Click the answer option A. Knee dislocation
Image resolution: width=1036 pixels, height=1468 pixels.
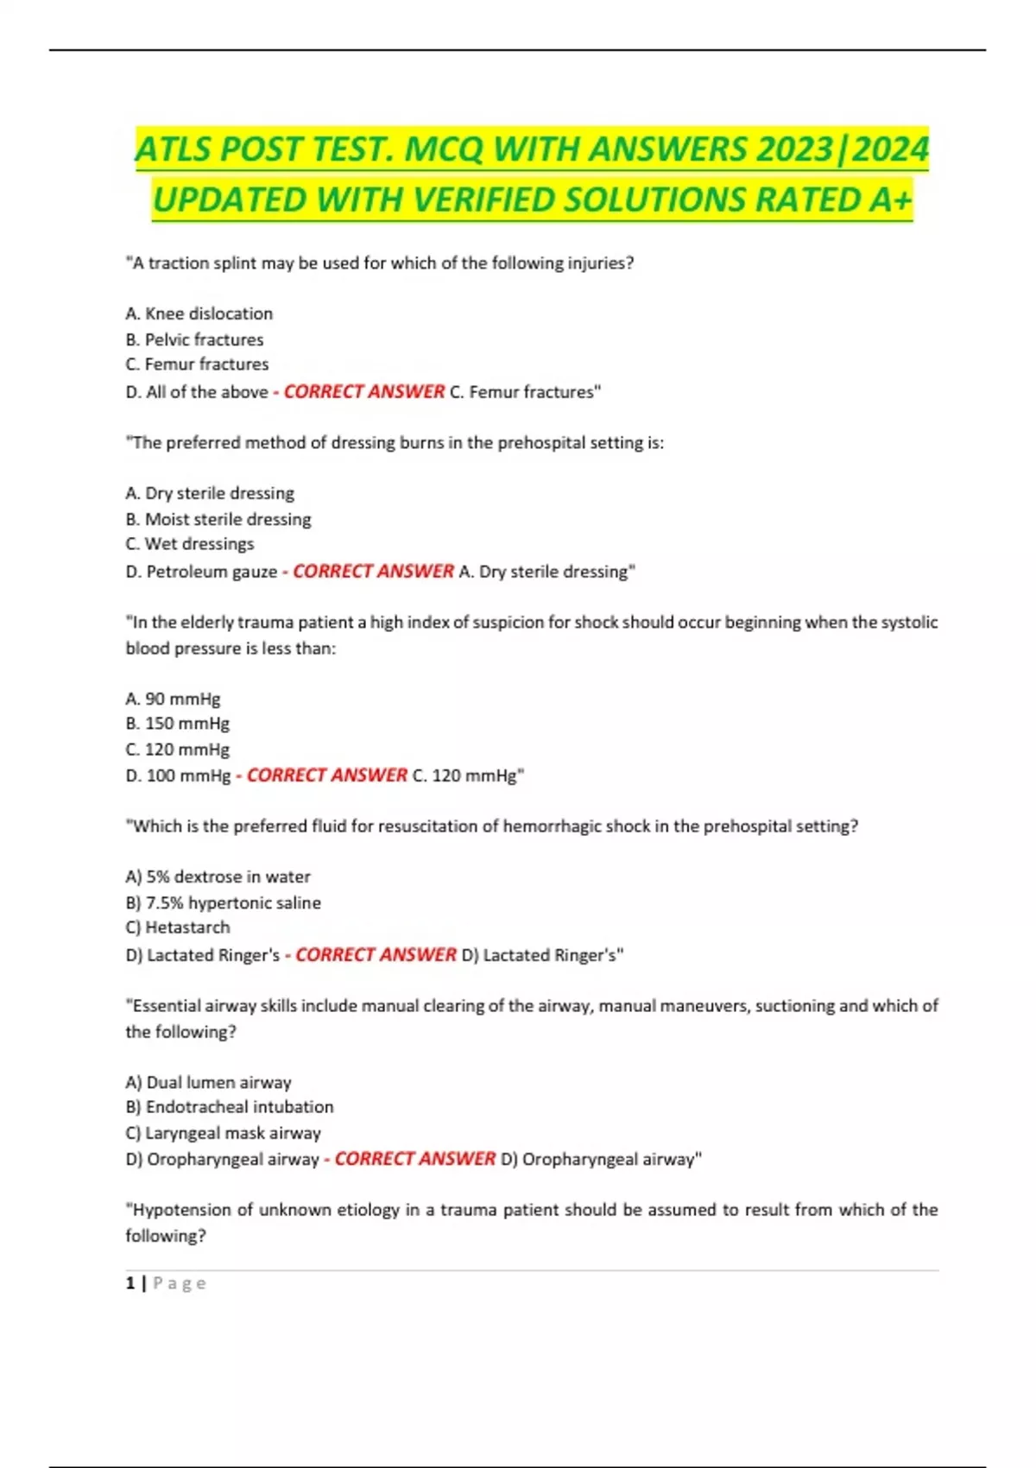click(199, 313)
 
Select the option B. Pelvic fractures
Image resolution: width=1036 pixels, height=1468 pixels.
click(194, 339)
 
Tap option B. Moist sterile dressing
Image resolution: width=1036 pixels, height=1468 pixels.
click(218, 519)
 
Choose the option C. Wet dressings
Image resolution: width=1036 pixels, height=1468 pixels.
click(190, 544)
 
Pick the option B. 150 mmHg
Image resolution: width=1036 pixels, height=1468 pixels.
click(177, 724)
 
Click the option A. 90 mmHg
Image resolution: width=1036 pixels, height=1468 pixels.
click(173, 699)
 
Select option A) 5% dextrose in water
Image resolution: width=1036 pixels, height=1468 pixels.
click(218, 876)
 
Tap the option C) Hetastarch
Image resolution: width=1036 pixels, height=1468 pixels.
click(178, 927)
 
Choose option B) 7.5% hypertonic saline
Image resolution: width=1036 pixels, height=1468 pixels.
click(223, 902)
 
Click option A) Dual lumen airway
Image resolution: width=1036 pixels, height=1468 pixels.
click(208, 1082)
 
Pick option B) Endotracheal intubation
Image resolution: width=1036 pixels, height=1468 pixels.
click(229, 1107)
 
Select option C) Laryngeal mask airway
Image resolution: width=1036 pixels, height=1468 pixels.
click(223, 1133)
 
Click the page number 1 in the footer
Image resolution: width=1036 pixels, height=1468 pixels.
click(130, 1283)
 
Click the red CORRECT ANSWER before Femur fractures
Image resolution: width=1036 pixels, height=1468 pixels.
click(364, 392)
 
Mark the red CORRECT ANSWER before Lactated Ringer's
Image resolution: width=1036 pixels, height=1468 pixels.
click(376, 954)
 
